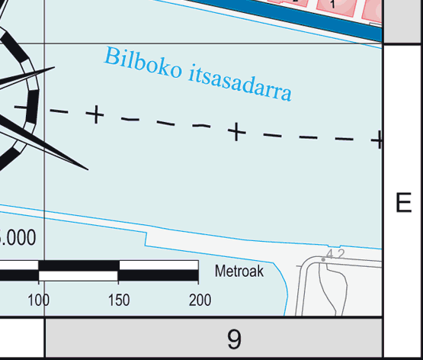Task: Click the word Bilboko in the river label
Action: click(143, 63)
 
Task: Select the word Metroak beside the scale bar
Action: click(239, 271)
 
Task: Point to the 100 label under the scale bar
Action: click(39, 300)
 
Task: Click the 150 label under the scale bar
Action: click(119, 300)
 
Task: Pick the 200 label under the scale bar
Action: click(200, 300)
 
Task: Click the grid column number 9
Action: click(234, 339)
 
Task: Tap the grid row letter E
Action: click(404, 202)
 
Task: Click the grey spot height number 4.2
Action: click(335, 254)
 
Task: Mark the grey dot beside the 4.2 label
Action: click(323, 259)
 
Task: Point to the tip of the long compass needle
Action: click(88, 170)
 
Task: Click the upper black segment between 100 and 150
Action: click(79, 265)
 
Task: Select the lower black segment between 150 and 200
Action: click(158, 275)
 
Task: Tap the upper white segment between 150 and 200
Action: click(159, 265)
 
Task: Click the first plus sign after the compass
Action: click(95, 114)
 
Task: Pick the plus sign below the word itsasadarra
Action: click(236, 132)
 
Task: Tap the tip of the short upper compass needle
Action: click(55, 67)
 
